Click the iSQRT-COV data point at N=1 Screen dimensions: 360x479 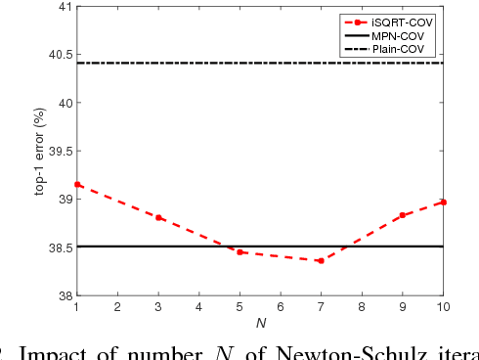tap(77, 184)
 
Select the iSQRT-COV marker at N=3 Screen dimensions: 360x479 tap(158, 217)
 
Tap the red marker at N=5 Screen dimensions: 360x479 tap(239, 251)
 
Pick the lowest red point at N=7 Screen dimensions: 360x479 tap(321, 260)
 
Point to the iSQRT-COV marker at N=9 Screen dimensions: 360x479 tap(402, 215)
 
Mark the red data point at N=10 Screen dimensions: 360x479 tap(443, 202)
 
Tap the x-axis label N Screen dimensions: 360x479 tap(260, 322)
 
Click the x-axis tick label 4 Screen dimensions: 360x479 tap(198, 308)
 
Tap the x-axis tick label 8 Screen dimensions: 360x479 tap(362, 308)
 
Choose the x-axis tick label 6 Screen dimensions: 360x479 tap(281, 308)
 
